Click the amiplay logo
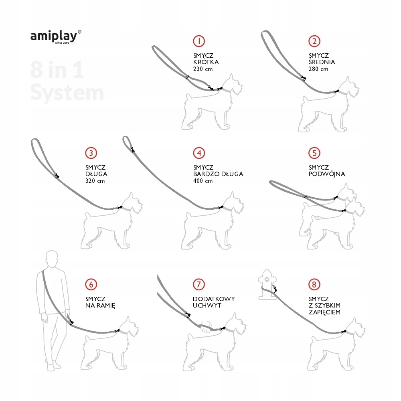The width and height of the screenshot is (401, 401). (x=56, y=37)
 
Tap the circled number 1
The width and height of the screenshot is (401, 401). (x=199, y=41)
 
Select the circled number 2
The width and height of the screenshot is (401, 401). (x=314, y=41)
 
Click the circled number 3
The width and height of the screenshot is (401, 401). (x=91, y=153)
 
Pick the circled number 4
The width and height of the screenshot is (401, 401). (x=199, y=153)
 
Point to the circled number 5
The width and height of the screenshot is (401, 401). (x=314, y=153)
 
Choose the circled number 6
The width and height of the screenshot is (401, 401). (x=91, y=284)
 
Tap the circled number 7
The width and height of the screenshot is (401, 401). (x=199, y=284)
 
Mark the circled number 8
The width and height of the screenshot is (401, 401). (x=314, y=284)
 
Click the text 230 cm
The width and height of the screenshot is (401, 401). (x=203, y=69)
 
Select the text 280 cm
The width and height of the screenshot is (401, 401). (x=318, y=69)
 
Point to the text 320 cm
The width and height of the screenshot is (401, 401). (x=95, y=181)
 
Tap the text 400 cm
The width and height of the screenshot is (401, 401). (x=203, y=181)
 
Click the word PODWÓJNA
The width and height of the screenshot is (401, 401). (x=327, y=174)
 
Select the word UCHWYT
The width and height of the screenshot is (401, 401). (x=207, y=305)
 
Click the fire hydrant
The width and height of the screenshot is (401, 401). (x=267, y=284)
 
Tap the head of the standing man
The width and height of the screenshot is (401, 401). (x=52, y=259)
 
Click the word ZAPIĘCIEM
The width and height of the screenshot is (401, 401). (x=324, y=312)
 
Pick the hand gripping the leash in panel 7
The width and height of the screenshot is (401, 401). (x=205, y=327)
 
